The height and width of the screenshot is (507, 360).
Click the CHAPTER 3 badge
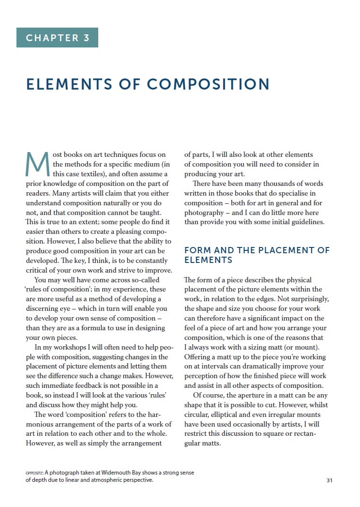tap(57, 38)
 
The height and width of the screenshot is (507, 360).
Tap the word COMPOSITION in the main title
tap(208, 84)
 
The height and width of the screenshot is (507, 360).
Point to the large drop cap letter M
tap(37, 165)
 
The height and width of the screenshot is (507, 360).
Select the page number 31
tap(330, 480)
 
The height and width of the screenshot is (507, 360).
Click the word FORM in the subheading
tap(197, 250)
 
